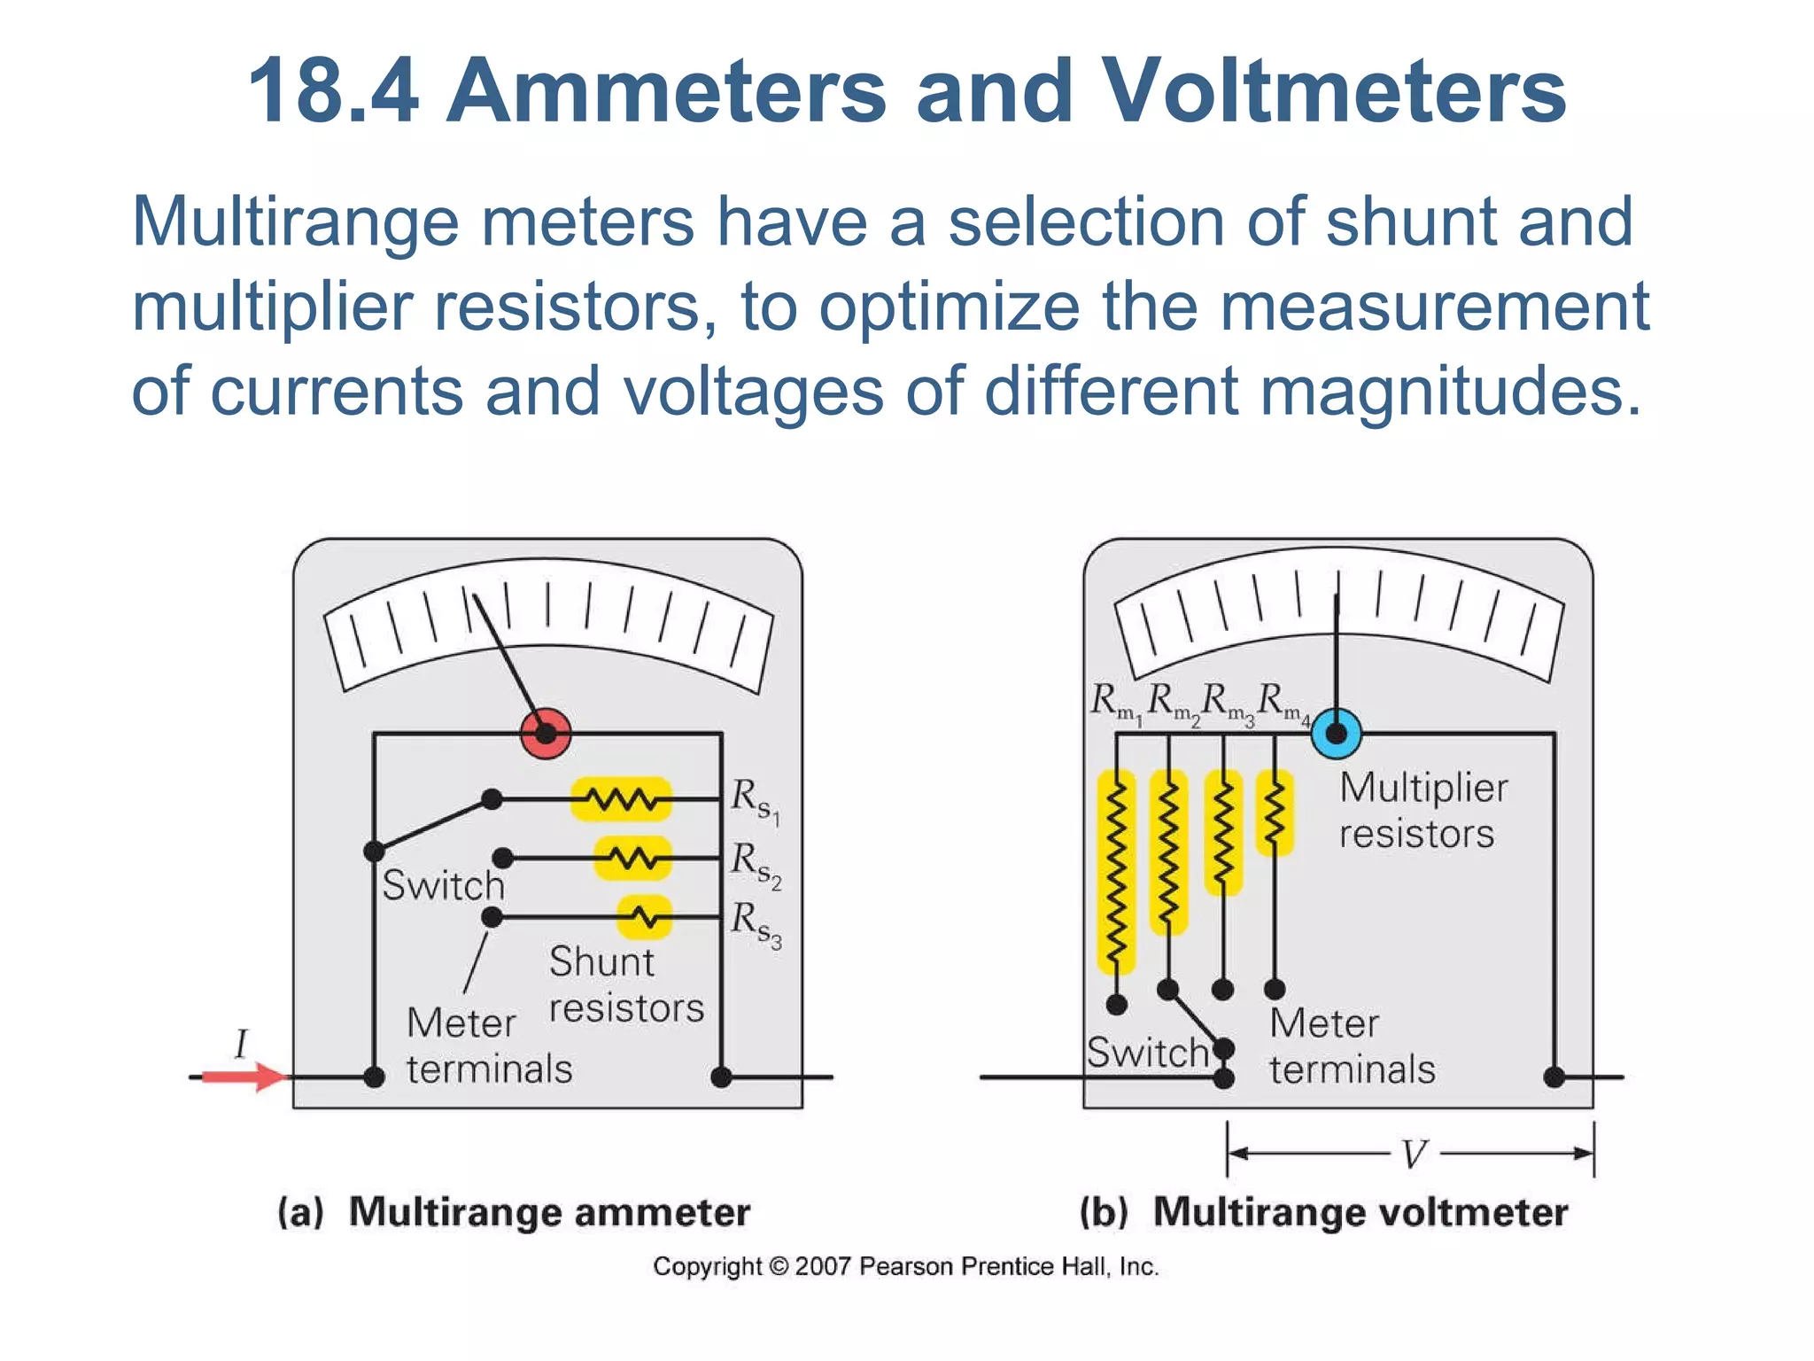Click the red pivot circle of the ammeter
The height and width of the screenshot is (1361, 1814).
[x=546, y=734]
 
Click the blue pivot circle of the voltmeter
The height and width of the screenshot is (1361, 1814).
[x=1336, y=734]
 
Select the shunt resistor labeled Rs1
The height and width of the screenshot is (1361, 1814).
[x=621, y=799]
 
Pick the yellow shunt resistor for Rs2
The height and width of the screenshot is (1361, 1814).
[x=632, y=858]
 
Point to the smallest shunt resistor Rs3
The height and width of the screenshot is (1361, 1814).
[x=645, y=917]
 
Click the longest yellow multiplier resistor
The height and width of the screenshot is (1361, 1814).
[x=1117, y=873]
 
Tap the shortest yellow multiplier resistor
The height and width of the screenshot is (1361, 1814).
[x=1275, y=813]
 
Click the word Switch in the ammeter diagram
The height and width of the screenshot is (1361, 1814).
[x=443, y=885]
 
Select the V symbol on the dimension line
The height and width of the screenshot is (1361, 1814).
[x=1415, y=1155]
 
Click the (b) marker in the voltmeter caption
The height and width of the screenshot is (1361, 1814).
[x=1104, y=1212]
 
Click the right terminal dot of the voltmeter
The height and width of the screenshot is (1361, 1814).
[x=1554, y=1077]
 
